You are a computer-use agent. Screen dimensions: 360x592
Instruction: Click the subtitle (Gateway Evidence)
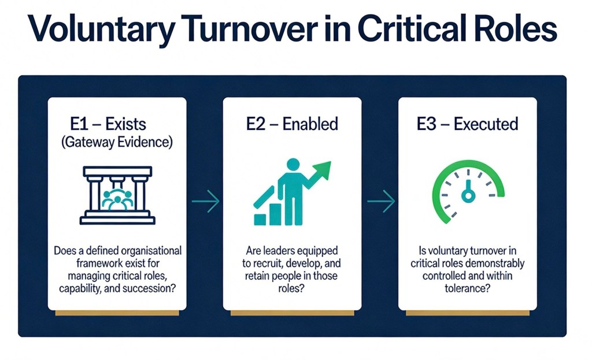tap(117, 143)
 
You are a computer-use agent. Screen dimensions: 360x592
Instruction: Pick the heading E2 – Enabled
tap(292, 124)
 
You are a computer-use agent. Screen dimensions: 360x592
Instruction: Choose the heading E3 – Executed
tap(467, 124)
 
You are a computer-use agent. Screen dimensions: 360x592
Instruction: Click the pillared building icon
tap(117, 195)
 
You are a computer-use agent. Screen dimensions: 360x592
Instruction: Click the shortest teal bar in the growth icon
tap(260, 219)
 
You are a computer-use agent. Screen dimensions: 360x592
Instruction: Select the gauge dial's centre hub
tap(467, 197)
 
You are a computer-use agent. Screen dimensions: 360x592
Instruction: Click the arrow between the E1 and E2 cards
tap(205, 201)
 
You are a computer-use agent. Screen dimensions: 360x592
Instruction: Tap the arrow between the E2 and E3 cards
tap(381, 201)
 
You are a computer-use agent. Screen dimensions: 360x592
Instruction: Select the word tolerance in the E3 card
tap(467, 288)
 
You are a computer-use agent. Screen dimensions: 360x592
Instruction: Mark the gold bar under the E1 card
tap(117, 313)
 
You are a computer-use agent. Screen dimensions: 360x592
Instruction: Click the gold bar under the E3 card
tap(467, 313)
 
